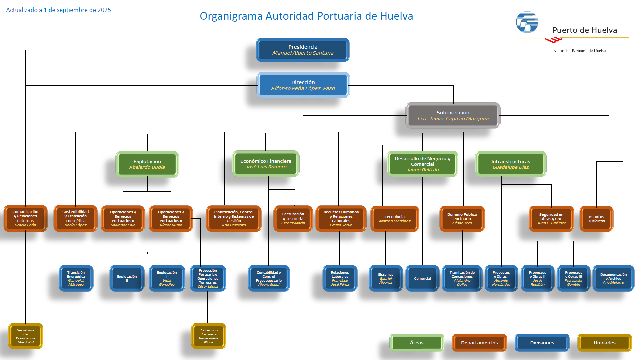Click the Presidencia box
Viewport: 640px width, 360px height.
[x=303, y=50]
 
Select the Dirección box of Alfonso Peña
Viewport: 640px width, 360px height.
[x=303, y=85]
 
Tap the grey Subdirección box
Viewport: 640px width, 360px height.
[x=453, y=115]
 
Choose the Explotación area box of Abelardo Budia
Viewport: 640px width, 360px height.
[x=147, y=164]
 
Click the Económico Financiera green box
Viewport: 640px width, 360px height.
[x=266, y=164]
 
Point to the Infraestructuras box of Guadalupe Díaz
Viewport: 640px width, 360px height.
[x=511, y=164]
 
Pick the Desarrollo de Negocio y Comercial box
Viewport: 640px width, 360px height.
[x=422, y=164]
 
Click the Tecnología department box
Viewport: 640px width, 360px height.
[x=395, y=219]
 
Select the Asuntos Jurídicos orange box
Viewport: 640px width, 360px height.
[x=596, y=219]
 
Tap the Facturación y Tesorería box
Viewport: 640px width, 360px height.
[x=293, y=219]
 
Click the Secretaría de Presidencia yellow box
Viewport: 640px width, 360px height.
[x=26, y=336]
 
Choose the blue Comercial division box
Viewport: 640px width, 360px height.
[x=422, y=278]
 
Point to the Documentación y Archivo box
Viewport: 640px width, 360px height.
[x=613, y=278]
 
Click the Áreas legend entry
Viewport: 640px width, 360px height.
[x=417, y=343]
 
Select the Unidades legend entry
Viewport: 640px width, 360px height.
[x=604, y=343]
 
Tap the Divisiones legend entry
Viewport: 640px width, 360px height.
[x=542, y=343]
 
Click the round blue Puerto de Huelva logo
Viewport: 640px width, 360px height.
[x=527, y=22]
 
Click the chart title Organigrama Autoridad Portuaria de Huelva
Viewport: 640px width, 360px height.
[x=306, y=16]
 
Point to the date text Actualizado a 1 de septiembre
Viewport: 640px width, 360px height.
[x=59, y=10]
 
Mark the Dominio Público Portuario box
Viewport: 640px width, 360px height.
[x=462, y=219]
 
